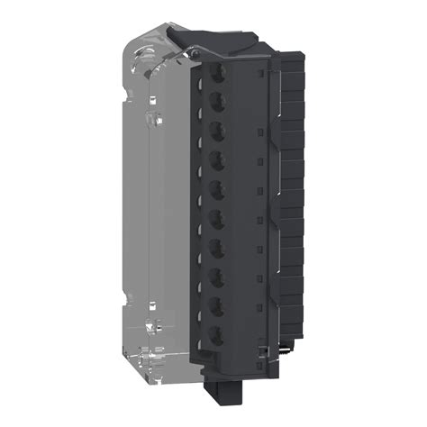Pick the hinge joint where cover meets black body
(193, 59)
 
